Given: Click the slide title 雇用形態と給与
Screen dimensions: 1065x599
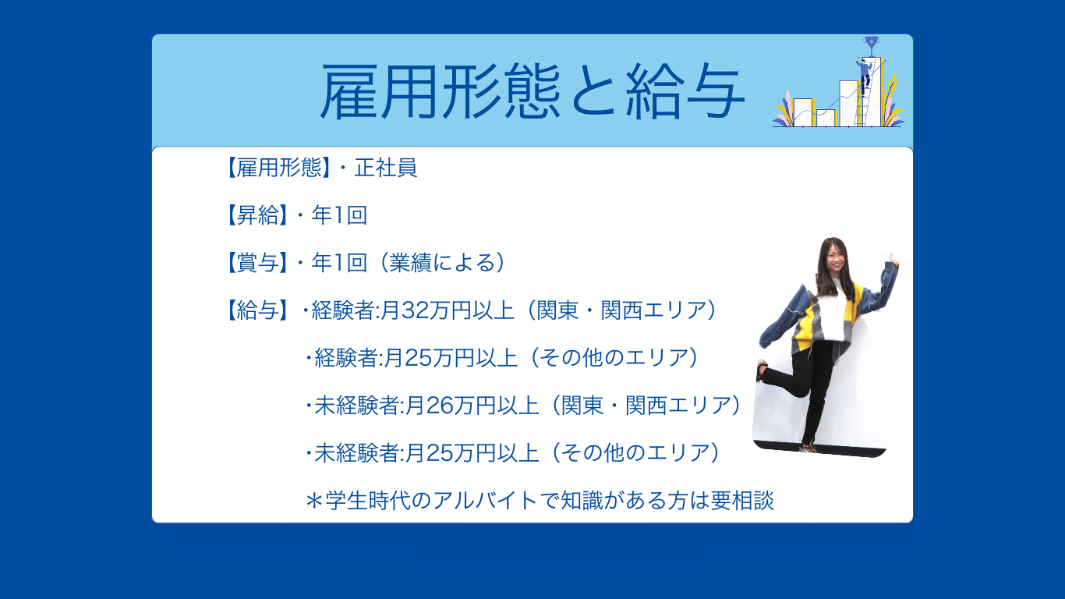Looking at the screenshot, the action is tap(532, 91).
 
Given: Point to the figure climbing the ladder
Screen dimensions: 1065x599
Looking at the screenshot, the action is tap(864, 75).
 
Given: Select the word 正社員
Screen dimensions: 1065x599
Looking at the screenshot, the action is tap(386, 168).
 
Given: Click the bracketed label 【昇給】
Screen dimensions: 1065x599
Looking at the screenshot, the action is tap(257, 215).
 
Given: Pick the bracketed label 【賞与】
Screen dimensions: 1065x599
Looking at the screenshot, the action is tap(257, 263).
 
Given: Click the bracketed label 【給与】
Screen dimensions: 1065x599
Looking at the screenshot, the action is tap(257, 310).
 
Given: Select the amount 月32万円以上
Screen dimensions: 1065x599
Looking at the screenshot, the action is tap(447, 310).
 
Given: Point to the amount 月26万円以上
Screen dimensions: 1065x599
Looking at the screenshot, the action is tap(472, 406).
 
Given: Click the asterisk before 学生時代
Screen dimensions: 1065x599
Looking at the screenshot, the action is tap(313, 501).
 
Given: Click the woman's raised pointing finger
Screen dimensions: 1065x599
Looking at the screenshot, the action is tap(891, 257).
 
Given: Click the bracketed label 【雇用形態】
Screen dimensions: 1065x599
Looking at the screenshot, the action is tap(278, 168).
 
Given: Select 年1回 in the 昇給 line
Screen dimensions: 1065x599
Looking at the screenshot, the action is tap(339, 215).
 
